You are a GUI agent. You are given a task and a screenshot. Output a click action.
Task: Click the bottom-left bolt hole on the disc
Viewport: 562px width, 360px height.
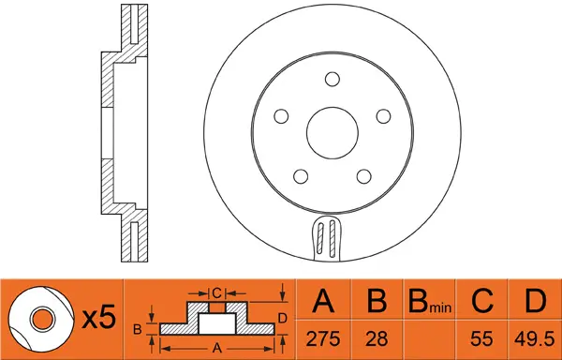click(x=301, y=175)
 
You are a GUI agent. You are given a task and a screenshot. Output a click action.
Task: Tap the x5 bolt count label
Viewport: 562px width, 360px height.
click(x=97, y=319)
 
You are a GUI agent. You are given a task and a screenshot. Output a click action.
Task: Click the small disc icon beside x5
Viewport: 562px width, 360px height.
click(x=42, y=319)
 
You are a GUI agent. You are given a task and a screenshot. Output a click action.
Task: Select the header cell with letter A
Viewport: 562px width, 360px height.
click(x=322, y=302)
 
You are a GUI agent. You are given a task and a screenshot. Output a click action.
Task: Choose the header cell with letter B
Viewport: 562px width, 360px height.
click(x=377, y=302)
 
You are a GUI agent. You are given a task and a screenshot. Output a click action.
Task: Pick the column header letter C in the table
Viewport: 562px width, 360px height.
click(x=481, y=302)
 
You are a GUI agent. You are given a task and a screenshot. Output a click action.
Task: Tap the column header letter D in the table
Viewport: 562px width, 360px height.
click(x=534, y=302)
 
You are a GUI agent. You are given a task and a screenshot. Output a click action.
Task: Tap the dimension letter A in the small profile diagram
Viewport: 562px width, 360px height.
click(x=216, y=346)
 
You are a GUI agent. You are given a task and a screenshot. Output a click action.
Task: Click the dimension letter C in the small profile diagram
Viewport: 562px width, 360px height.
click(x=215, y=292)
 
